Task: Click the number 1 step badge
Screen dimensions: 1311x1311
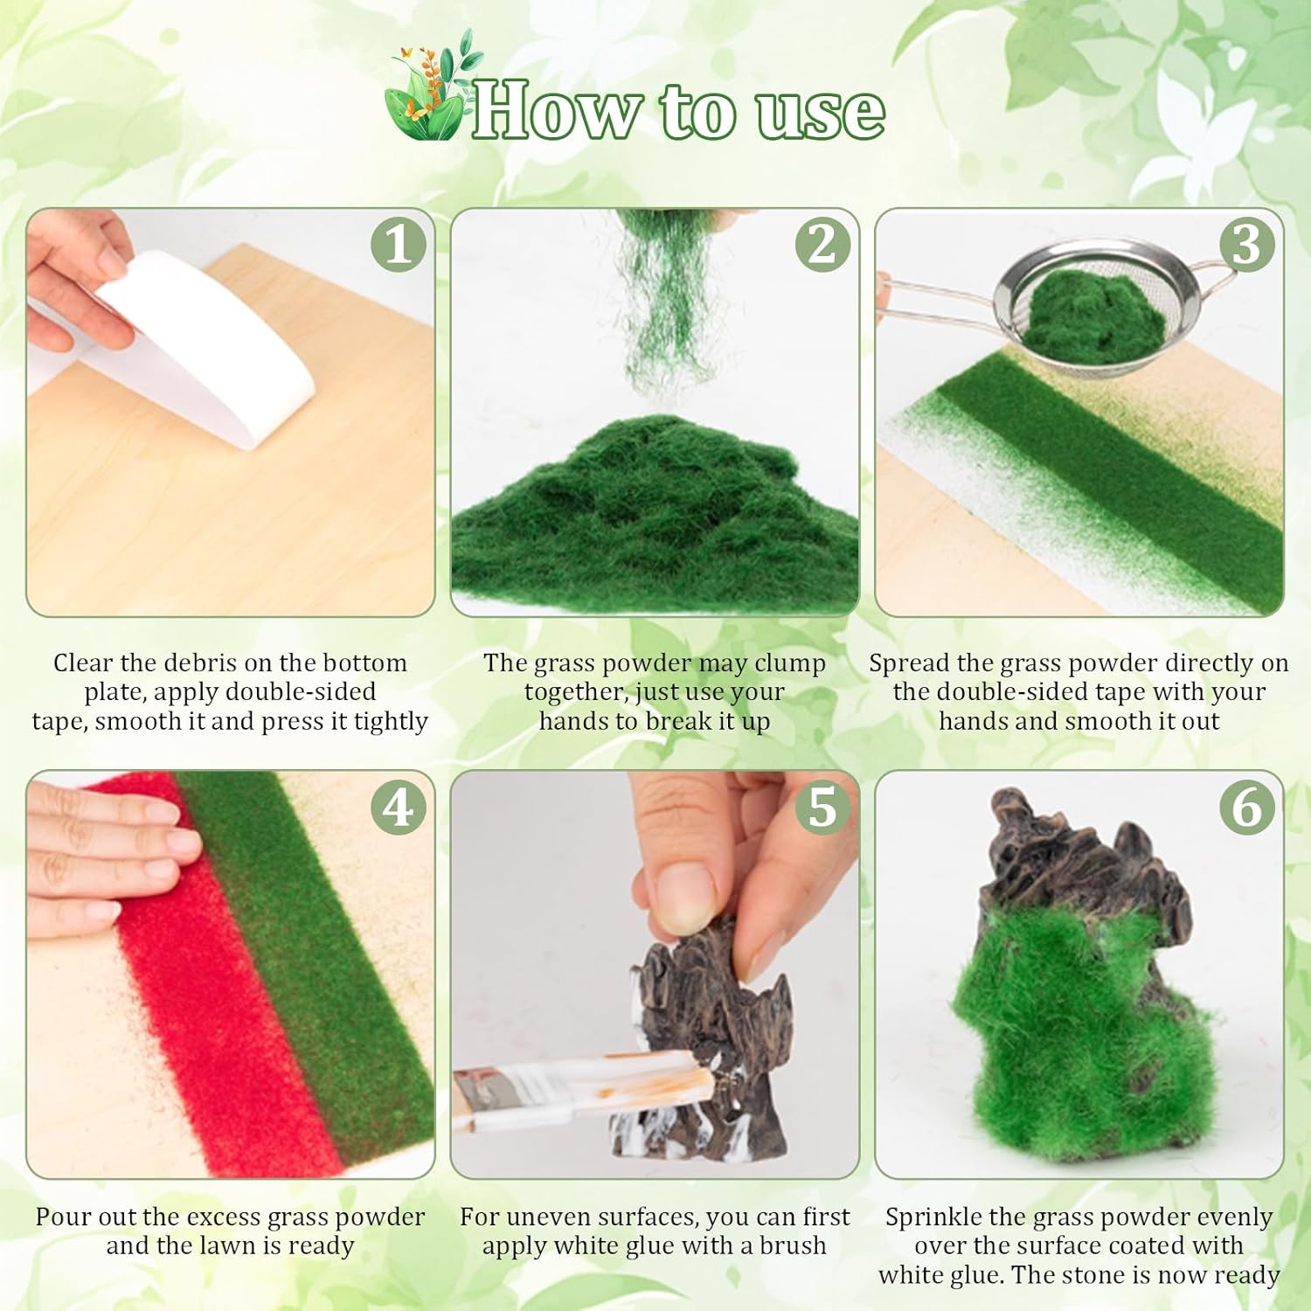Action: click(398, 244)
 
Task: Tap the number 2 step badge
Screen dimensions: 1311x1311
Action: click(822, 244)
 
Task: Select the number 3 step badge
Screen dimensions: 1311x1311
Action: click(1247, 244)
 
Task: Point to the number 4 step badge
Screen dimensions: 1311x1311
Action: click(398, 807)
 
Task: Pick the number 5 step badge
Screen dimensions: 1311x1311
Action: click(822, 807)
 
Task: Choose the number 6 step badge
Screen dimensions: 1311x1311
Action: click(1247, 807)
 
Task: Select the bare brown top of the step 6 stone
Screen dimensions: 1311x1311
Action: click(1084, 857)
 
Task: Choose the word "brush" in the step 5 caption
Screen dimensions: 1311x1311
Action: click(793, 1245)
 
